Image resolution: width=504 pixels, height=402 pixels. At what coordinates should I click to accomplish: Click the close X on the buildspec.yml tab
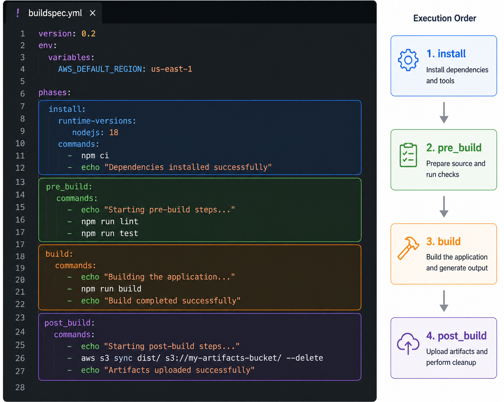(93, 13)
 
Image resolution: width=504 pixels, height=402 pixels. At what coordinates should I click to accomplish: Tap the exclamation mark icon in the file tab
(18, 13)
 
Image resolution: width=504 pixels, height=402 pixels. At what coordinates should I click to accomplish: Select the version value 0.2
(88, 34)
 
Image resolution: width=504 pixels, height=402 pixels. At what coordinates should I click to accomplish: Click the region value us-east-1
(172, 69)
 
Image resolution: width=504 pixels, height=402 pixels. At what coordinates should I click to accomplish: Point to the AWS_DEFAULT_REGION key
(100, 69)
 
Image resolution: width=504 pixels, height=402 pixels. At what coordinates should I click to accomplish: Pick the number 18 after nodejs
(113, 132)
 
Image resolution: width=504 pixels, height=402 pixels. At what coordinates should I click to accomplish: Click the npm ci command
(95, 155)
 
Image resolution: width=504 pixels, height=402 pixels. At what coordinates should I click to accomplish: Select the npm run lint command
(109, 221)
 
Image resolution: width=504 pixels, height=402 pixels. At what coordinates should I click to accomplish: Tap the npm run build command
(111, 289)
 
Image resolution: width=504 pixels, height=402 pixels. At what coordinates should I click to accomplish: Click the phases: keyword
(55, 93)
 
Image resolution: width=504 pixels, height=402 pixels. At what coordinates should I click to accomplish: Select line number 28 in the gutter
(20, 387)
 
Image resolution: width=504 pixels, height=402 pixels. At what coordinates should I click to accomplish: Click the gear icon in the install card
(408, 60)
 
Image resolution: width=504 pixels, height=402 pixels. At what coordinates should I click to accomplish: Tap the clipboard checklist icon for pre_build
(408, 155)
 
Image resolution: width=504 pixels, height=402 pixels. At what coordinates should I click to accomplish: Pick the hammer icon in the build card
(408, 248)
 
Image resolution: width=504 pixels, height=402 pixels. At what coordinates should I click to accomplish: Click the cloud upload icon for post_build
(408, 343)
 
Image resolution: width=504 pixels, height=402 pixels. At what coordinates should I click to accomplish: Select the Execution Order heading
(444, 18)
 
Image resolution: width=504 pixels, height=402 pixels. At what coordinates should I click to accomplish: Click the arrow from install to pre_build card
(444, 113)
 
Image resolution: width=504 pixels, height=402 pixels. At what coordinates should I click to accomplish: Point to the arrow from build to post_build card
(444, 301)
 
